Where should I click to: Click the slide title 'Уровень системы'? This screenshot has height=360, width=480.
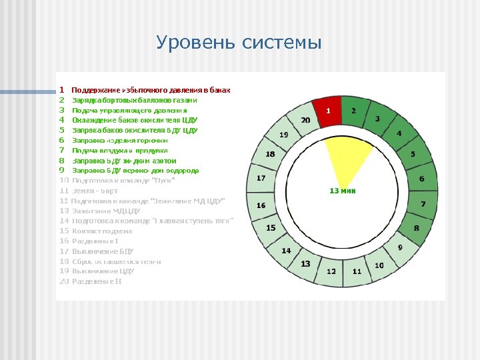click(x=239, y=43)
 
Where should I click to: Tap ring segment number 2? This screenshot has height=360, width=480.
click(x=354, y=111)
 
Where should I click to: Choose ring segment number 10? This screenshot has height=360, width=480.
click(x=379, y=265)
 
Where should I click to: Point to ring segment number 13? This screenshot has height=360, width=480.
click(x=305, y=264)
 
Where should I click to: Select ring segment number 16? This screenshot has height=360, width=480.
click(x=261, y=205)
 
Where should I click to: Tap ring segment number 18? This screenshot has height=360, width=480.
click(x=270, y=154)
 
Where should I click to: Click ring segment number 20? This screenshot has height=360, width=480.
click(x=305, y=121)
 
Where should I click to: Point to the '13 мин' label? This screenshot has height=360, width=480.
click(x=343, y=191)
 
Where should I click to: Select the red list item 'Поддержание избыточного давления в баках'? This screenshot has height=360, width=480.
click(x=151, y=89)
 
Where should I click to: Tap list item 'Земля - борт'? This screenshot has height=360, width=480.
click(x=95, y=191)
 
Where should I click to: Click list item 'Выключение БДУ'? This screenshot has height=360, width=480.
click(x=103, y=251)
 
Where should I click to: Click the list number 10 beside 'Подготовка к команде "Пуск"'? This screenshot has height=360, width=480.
click(x=64, y=180)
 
